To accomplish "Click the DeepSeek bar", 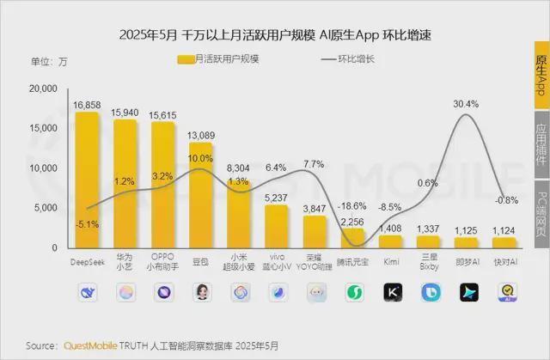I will click(x=87, y=180).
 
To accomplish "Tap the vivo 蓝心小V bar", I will click(x=277, y=226).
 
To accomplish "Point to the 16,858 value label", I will click(x=87, y=105).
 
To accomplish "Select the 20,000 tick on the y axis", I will click(x=42, y=88).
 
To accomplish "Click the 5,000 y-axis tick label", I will click(x=45, y=208).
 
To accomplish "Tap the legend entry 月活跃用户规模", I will click(x=218, y=59).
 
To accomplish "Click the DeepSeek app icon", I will click(x=87, y=292).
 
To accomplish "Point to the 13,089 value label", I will click(x=201, y=135).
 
